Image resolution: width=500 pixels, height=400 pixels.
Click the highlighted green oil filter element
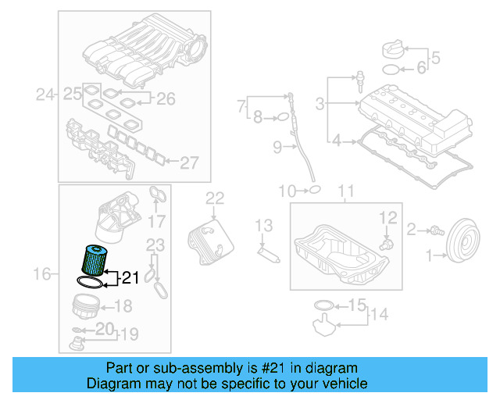click(92, 258)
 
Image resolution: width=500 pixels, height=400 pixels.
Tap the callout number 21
click(130, 277)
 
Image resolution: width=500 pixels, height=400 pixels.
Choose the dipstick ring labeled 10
click(313, 189)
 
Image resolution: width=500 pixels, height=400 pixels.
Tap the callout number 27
click(190, 163)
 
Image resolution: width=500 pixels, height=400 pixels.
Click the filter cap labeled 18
click(86, 306)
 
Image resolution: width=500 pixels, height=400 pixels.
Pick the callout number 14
click(379, 316)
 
